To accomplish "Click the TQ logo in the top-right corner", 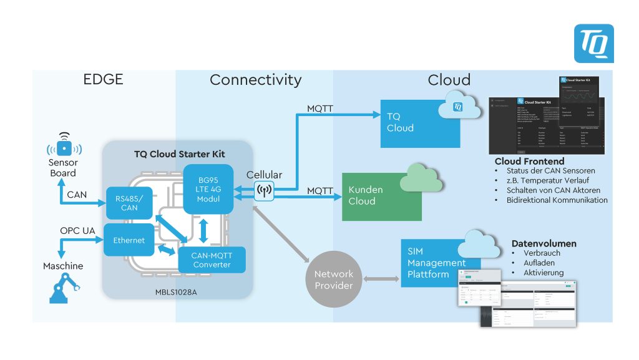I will click(x=593, y=44).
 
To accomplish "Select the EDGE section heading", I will click(x=103, y=79).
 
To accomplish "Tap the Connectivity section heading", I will click(x=255, y=80).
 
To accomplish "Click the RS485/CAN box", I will click(x=129, y=203).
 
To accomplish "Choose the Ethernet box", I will click(x=129, y=240).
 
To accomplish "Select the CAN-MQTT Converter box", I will click(x=212, y=260).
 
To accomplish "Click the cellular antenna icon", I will click(x=264, y=191).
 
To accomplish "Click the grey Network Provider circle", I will click(x=334, y=280).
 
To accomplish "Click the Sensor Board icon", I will click(x=64, y=147).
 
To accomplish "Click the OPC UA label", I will click(x=77, y=231).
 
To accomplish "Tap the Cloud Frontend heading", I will click(x=529, y=162).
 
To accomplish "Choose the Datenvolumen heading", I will click(x=544, y=243).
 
